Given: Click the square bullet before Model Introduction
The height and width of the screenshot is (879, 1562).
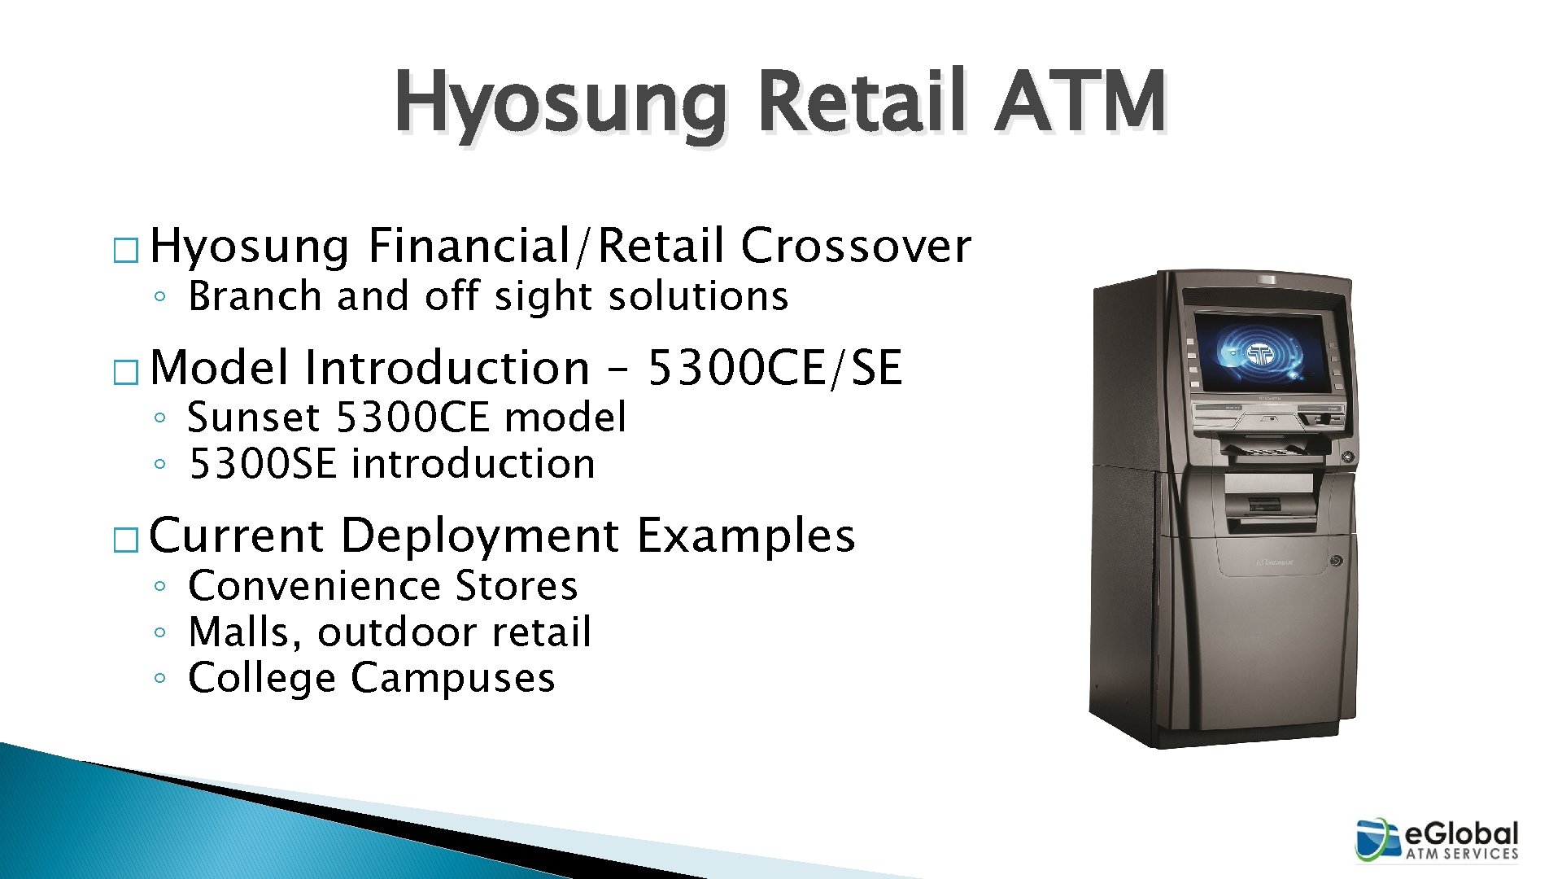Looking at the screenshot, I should tap(125, 374).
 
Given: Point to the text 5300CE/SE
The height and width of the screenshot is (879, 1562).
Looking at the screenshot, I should tap(774, 367).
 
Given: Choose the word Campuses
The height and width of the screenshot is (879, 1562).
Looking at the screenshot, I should tap(452, 678).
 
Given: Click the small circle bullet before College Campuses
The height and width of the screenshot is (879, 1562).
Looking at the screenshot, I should tap(160, 678).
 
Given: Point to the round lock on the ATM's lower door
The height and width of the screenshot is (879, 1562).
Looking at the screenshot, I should tap(1336, 561).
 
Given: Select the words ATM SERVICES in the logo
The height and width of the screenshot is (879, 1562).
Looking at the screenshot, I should tap(1462, 854).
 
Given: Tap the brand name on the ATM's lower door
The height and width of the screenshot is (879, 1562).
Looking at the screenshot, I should tap(1275, 562).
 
